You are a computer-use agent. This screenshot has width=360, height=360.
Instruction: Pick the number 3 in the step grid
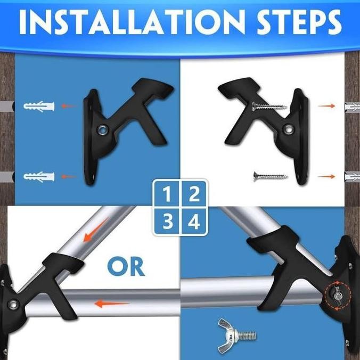coord(167,221)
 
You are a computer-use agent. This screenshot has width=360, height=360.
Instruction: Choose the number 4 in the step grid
coord(193,221)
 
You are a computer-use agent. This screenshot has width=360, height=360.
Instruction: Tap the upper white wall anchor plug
coord(38,106)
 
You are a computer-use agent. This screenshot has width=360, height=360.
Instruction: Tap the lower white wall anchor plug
coord(38,176)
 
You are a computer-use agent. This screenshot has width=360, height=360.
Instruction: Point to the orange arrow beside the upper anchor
coord(68,106)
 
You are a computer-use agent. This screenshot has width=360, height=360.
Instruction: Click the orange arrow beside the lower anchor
coord(68,176)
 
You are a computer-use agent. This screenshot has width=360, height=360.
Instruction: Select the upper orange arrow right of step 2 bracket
coord(326,106)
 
